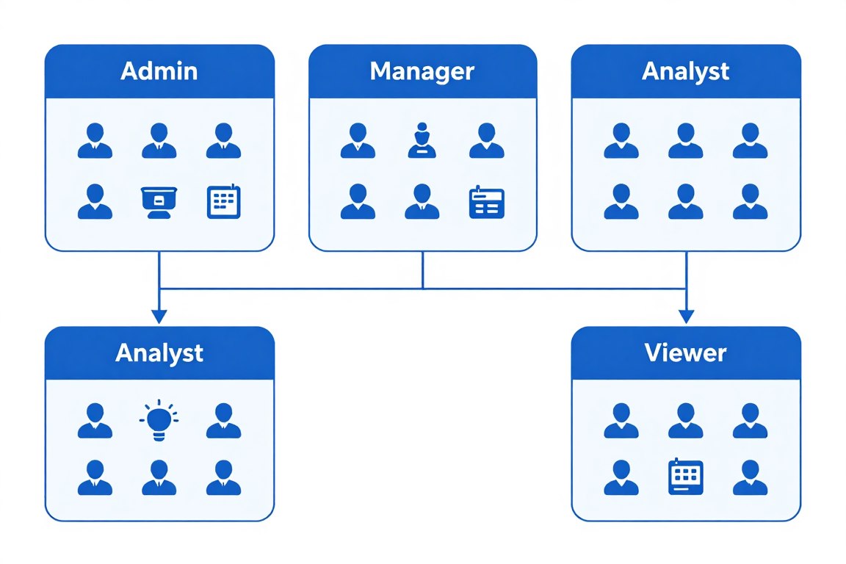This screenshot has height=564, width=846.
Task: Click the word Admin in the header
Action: (159, 71)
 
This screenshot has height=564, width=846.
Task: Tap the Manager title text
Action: (422, 71)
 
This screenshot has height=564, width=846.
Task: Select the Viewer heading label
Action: (685, 353)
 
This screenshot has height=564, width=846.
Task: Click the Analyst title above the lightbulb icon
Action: (159, 353)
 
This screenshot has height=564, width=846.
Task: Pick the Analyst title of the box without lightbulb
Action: (685, 71)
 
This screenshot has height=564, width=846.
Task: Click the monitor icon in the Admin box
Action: (159, 202)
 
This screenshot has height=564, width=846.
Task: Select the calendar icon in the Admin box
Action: (223, 202)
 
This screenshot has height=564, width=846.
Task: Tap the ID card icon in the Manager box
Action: (486, 202)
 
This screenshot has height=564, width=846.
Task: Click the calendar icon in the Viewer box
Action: (685, 477)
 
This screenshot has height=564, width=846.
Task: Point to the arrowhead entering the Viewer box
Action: (685, 317)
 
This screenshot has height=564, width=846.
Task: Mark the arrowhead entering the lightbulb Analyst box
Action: (159, 317)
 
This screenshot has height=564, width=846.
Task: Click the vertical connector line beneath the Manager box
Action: (422, 270)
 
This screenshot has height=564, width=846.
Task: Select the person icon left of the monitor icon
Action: (95, 202)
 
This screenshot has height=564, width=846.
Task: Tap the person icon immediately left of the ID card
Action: (422, 202)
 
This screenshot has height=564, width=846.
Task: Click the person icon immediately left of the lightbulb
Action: (95, 421)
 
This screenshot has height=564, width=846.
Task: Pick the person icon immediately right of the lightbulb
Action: (223, 421)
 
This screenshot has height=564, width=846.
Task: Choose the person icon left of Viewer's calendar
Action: (621, 477)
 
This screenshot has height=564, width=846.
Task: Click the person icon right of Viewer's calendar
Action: (750, 477)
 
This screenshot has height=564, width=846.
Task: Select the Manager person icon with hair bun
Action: (422, 140)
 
